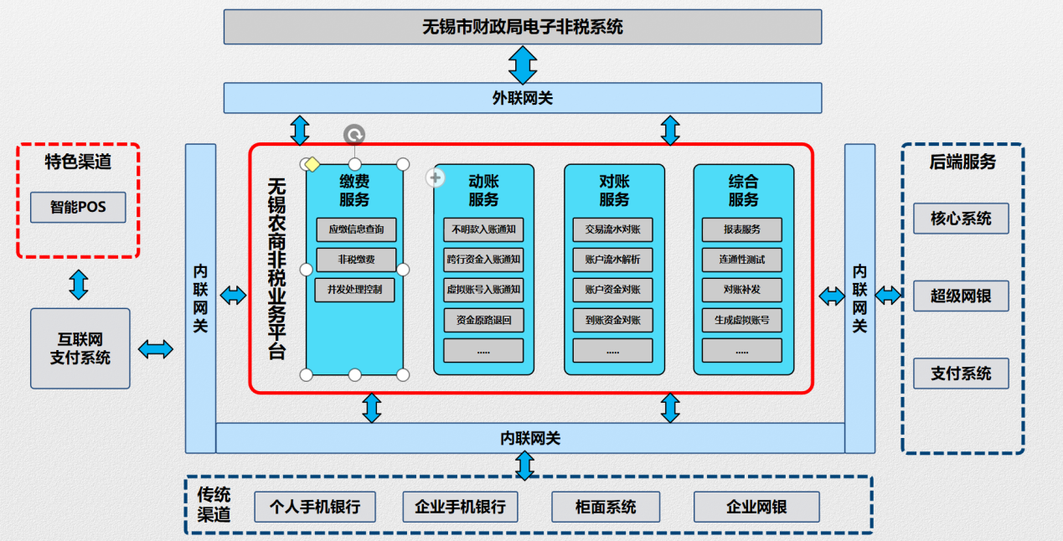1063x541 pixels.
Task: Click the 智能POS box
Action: [x=78, y=208]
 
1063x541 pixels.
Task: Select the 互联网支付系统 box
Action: [x=80, y=348]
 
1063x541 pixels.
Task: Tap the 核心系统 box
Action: [x=961, y=219]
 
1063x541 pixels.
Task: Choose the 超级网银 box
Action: [x=961, y=296]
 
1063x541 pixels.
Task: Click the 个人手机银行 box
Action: [x=315, y=507]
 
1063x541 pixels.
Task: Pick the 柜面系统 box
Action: [x=606, y=507]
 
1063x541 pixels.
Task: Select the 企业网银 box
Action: [x=756, y=507]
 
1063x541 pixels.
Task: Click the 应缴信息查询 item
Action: [x=356, y=229]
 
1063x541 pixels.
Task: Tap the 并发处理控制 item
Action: [x=355, y=290]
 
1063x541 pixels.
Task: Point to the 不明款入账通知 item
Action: [x=483, y=229]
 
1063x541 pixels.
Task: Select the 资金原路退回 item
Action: [x=483, y=320]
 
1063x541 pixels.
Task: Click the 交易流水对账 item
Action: [x=612, y=229]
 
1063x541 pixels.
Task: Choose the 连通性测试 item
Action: [x=741, y=260]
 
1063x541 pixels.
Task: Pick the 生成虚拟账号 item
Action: [x=741, y=320]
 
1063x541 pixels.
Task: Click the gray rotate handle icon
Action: [x=354, y=135]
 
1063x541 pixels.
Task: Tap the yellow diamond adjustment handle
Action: [x=312, y=164]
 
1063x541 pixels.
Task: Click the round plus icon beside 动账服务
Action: [x=435, y=178]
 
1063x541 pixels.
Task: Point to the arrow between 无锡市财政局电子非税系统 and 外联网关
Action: [x=523, y=65]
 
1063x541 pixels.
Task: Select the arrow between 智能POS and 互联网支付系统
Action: [x=79, y=285]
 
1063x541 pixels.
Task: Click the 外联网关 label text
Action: [x=523, y=98]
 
